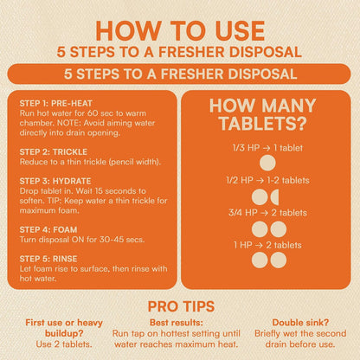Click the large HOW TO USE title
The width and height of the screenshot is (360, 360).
[180, 30]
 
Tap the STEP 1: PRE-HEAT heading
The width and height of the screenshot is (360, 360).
[56, 103]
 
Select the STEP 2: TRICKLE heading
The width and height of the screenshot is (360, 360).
[54, 151]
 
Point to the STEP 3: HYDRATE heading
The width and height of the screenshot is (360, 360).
[55, 181]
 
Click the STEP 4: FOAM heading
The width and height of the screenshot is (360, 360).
[48, 229]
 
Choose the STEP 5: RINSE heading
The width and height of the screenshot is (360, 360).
[48, 259]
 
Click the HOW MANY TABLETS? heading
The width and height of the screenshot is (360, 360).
[262, 114]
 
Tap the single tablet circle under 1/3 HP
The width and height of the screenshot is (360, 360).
[267, 163]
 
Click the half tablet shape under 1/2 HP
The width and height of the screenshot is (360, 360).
[274, 197]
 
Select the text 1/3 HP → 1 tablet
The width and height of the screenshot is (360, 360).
[267, 148]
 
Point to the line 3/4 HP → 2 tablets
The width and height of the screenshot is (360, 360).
[267, 213]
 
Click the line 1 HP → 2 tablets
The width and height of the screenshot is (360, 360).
[267, 245]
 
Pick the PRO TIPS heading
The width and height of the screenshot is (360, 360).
[181, 306]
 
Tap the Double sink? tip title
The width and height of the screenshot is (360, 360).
[300, 323]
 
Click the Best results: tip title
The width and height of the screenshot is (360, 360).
[177, 323]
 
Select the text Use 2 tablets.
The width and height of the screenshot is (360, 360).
[64, 344]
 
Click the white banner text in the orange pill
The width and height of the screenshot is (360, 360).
[180, 74]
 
